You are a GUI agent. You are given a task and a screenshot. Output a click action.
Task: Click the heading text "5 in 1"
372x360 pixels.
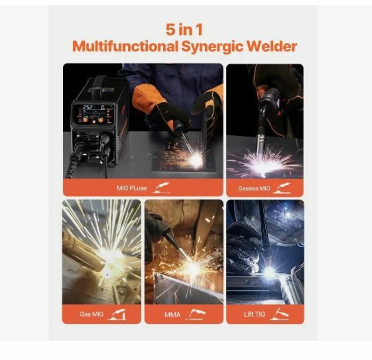(184, 30)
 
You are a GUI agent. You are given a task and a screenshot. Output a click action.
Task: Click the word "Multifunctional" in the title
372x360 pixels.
(125, 47)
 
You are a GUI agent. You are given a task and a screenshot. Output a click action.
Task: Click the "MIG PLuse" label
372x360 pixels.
(132, 188)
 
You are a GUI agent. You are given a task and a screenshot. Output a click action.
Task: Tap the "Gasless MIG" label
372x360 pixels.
(254, 188)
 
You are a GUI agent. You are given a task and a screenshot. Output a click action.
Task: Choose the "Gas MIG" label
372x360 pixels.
(91, 314)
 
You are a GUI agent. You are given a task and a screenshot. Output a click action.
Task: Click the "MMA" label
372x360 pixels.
(172, 315)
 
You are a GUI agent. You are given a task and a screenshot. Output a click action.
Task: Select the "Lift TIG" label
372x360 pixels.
(255, 314)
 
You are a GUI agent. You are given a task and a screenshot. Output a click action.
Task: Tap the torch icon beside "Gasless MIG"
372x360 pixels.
(282, 188)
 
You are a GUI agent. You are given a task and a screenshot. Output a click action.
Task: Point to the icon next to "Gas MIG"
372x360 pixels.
(117, 314)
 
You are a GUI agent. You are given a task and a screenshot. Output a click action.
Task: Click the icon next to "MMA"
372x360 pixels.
(196, 314)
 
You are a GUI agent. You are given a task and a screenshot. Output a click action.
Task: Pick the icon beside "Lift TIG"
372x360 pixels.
(279, 314)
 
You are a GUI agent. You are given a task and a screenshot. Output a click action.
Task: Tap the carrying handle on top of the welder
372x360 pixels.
(100, 81)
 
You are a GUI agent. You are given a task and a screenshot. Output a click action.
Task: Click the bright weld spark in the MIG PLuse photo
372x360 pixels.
(195, 159)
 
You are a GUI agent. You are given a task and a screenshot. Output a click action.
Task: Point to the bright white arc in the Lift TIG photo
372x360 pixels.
(268, 272)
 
